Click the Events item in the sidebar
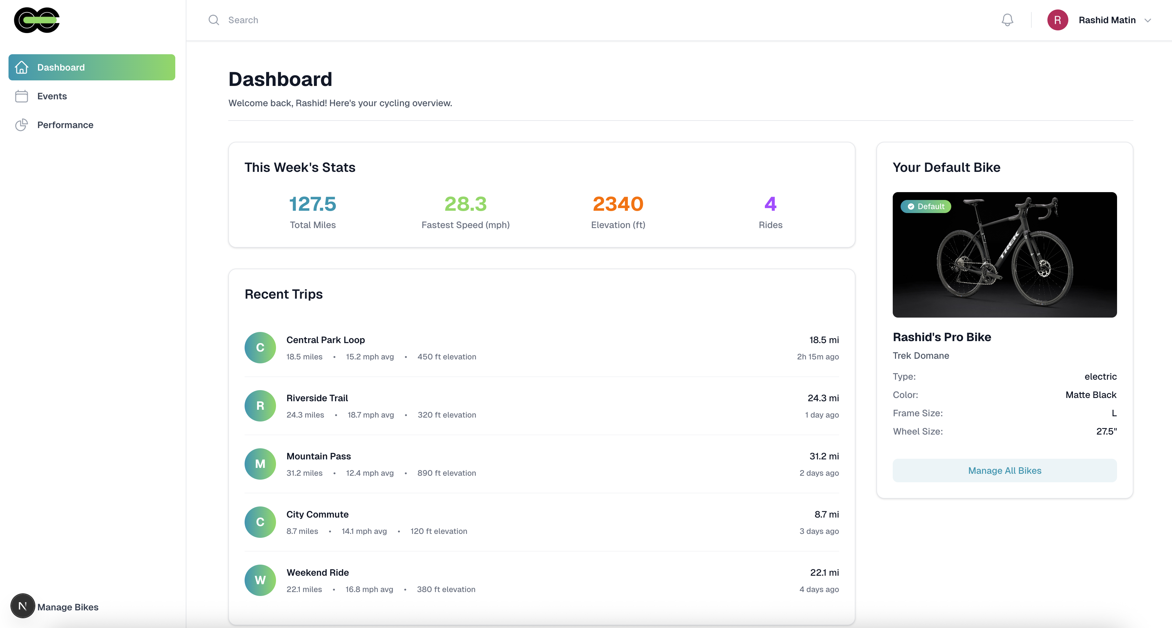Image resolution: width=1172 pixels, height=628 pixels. pyautogui.click(x=52, y=96)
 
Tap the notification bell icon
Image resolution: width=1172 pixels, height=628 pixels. pyautogui.click(x=1007, y=20)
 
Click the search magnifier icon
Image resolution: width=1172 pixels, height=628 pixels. pyautogui.click(x=214, y=20)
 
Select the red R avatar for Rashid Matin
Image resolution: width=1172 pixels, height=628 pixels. pyautogui.click(x=1057, y=20)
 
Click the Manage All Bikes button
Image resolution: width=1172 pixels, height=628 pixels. pyautogui.click(x=1004, y=471)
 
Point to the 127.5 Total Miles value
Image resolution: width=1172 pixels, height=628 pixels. pyautogui.click(x=313, y=204)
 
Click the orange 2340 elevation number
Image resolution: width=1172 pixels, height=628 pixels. pyautogui.click(x=618, y=204)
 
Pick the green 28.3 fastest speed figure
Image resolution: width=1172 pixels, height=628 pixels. pyautogui.click(x=465, y=204)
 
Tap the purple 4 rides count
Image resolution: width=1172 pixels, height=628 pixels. pyautogui.click(x=770, y=204)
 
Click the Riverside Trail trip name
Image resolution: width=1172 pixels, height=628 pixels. pyautogui.click(x=317, y=398)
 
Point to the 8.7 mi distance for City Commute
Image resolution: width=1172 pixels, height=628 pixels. pyautogui.click(x=826, y=514)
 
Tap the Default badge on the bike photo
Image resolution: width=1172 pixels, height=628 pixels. pyautogui.click(x=926, y=207)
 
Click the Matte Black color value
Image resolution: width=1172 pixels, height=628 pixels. pyautogui.click(x=1091, y=395)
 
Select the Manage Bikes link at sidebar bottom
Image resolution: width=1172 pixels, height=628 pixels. pyautogui.click(x=68, y=607)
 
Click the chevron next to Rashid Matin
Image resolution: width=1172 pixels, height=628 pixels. pyautogui.click(x=1148, y=21)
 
